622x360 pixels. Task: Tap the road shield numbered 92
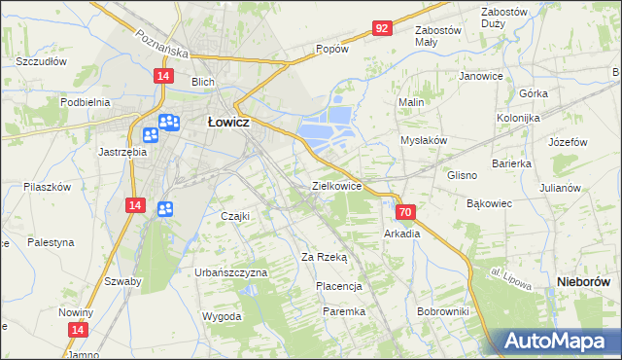coord(382,28)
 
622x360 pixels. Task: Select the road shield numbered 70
coord(406,211)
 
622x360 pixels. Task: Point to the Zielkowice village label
coord(336,185)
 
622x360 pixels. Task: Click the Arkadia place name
coord(401,234)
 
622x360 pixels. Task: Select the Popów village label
coord(331,49)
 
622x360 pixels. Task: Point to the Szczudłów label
coord(41,60)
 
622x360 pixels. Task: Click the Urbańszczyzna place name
coord(230,273)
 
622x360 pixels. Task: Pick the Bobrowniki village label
coord(442,311)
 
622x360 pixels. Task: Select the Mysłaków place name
coord(424,140)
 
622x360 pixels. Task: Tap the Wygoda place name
coord(222,317)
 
